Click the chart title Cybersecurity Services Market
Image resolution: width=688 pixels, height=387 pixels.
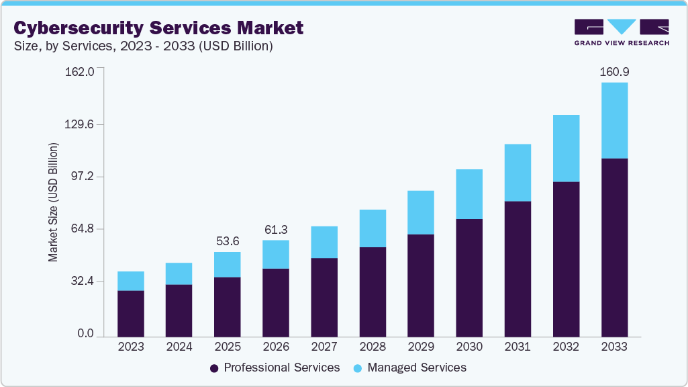158,28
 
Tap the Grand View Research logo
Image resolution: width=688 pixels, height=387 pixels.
621,32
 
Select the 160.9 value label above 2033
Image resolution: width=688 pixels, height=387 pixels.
614,71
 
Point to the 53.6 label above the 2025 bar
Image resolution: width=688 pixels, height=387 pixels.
228,241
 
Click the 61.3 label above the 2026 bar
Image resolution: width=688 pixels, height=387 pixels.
276,229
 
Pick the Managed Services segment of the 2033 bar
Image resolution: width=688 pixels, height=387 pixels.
614,121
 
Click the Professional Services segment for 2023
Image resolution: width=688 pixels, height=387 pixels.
131,313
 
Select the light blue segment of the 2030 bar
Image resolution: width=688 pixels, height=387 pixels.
469,194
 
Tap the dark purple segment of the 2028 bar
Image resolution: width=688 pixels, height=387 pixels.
373,292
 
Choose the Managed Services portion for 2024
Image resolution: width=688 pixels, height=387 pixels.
179,273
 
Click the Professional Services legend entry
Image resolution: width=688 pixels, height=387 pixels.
275,368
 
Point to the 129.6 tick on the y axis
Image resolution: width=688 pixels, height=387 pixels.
80,124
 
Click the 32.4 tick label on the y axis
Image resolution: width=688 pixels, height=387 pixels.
83,281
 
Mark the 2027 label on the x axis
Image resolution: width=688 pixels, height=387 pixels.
324,347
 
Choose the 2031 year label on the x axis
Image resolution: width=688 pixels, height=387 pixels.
518,347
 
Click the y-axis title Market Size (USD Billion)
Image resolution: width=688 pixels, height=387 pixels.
53,202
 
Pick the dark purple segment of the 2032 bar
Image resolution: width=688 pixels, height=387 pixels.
566,259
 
